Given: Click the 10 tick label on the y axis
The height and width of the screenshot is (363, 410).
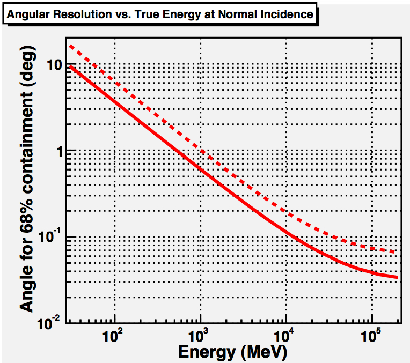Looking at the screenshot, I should click(x=55, y=65).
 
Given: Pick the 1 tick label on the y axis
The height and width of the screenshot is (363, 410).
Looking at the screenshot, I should click(x=59, y=151).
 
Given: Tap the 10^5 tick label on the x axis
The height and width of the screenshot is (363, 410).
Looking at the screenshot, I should click(x=370, y=338).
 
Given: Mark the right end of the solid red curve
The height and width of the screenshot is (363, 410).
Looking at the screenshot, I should click(x=397, y=277).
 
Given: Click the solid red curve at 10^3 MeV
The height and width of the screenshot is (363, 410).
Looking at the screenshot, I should click(x=200, y=168).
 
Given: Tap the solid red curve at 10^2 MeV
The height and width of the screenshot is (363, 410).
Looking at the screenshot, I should click(x=114, y=100).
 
